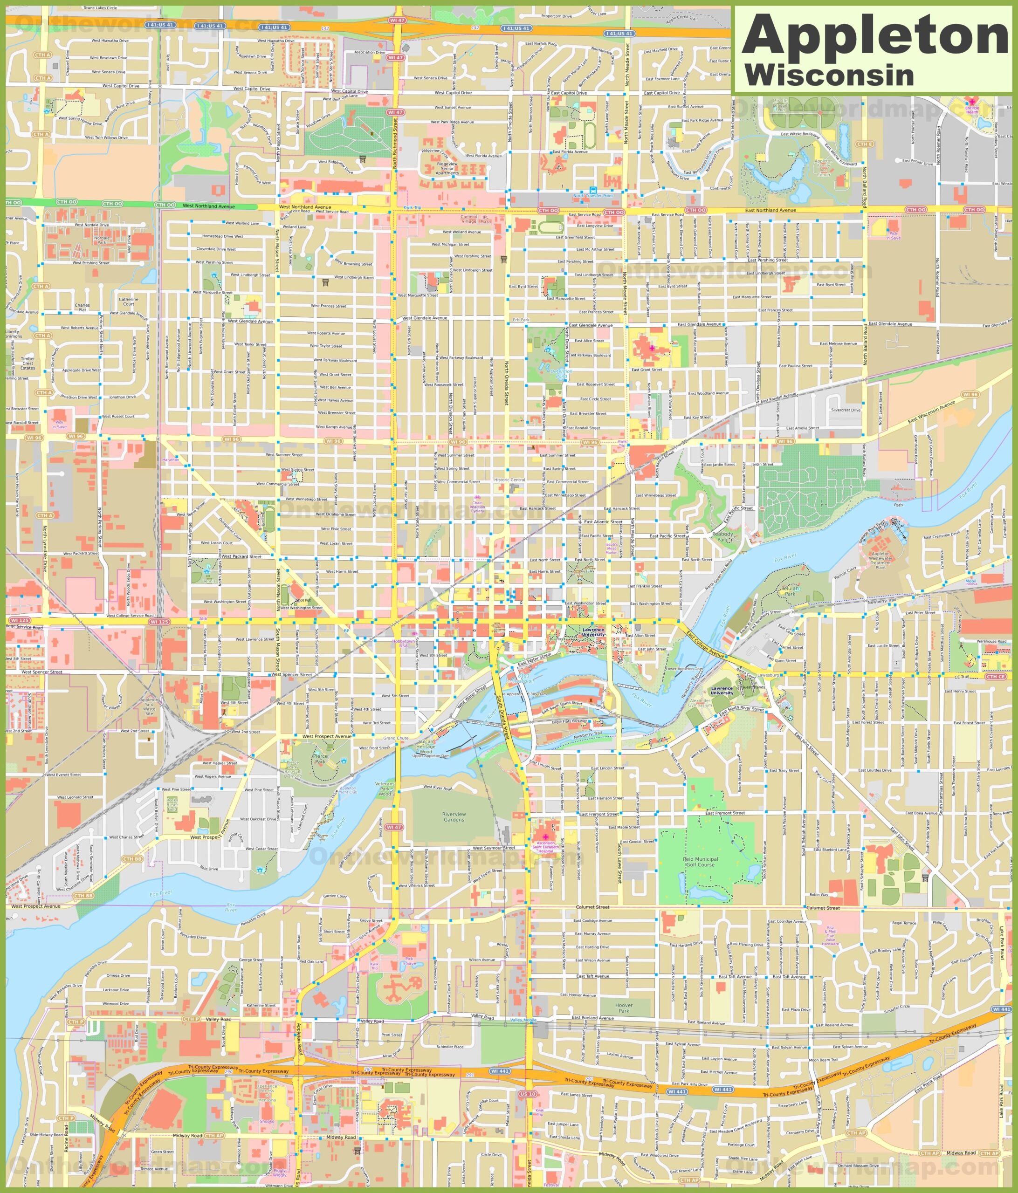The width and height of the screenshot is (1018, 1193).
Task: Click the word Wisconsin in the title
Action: pos(829,75)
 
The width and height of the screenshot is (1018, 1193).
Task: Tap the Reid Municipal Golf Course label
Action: pos(700,861)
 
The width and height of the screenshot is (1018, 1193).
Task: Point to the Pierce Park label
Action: pos(320,758)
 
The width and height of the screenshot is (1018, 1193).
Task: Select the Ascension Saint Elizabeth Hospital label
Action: pos(545,847)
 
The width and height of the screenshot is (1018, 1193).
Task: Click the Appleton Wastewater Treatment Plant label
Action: pos(880,560)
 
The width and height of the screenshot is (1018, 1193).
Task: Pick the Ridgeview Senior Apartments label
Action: pos(447,168)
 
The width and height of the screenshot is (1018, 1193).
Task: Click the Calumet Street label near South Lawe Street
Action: pos(592,907)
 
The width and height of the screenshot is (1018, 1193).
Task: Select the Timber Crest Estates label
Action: pos(28,363)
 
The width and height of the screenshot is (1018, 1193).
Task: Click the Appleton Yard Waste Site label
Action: pos(149,706)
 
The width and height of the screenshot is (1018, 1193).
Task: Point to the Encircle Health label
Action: pos(972,110)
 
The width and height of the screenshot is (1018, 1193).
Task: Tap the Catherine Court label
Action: pos(128,301)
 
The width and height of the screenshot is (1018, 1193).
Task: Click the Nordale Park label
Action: pos(102,240)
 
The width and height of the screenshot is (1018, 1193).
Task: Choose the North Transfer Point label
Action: pos(592,196)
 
